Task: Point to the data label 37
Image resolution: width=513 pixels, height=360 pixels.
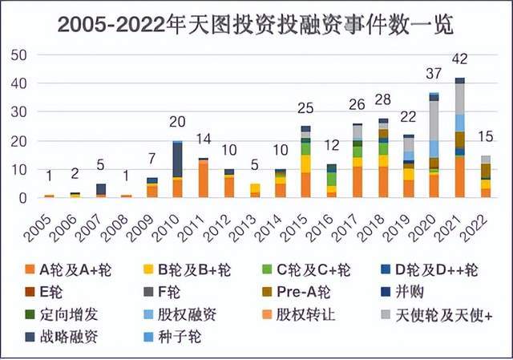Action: pos(434,75)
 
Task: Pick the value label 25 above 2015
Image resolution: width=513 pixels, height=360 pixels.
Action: pos(305,109)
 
